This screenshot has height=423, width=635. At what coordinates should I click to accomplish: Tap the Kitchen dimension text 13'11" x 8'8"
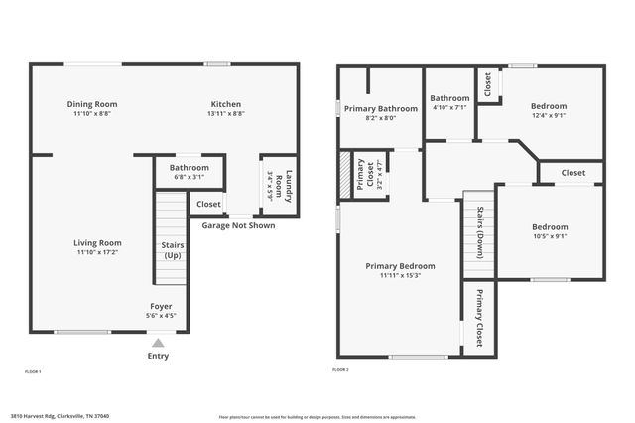225,114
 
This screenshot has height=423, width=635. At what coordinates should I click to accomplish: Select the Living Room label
97,242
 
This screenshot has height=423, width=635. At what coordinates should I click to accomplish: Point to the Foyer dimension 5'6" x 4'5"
161,316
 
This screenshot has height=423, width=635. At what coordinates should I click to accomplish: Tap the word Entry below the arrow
158,356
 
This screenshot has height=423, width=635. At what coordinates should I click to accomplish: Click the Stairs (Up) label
173,249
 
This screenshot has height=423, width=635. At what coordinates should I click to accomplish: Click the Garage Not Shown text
238,225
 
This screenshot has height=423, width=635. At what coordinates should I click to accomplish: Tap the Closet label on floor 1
208,204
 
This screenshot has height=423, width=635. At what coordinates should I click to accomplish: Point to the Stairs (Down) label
480,232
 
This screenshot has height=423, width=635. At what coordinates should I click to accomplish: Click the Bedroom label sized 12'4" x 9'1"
548,106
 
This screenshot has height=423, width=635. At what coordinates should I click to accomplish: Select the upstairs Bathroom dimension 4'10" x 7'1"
448,108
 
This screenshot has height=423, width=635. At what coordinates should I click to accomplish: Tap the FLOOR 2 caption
340,369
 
